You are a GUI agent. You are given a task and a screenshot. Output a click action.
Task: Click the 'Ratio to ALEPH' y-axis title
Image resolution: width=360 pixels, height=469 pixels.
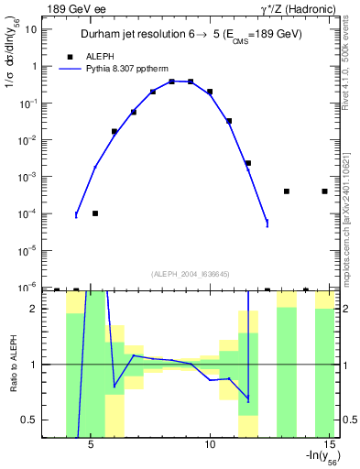pyautogui.click(x=12, y=365)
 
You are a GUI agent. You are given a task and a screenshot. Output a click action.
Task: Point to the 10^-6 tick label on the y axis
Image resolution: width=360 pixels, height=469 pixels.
pyautogui.click(x=28, y=287)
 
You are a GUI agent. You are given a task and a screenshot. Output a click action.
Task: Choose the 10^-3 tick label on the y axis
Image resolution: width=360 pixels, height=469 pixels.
pyautogui.click(x=28, y=176)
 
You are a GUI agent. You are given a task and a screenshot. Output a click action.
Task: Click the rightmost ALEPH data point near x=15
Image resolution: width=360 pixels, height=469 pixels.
pyautogui.click(x=325, y=191)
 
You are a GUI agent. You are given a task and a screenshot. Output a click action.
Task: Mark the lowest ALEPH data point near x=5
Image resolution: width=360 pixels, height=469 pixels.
pyautogui.click(x=95, y=213)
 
